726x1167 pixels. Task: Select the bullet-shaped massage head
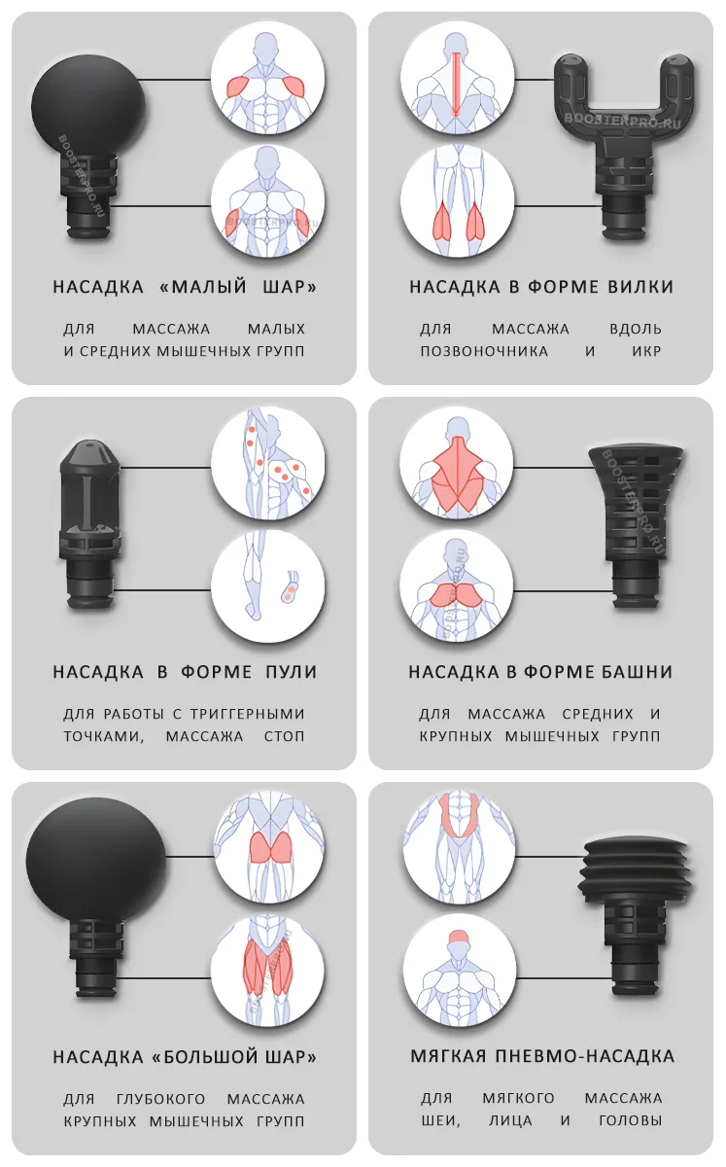coord(89,524)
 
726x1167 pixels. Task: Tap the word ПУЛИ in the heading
coord(292,672)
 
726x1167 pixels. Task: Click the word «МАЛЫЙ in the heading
coord(203,287)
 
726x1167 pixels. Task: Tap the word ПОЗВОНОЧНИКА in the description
coord(484,352)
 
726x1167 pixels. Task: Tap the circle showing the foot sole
coord(268,587)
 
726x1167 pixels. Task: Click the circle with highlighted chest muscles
coord(457,588)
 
